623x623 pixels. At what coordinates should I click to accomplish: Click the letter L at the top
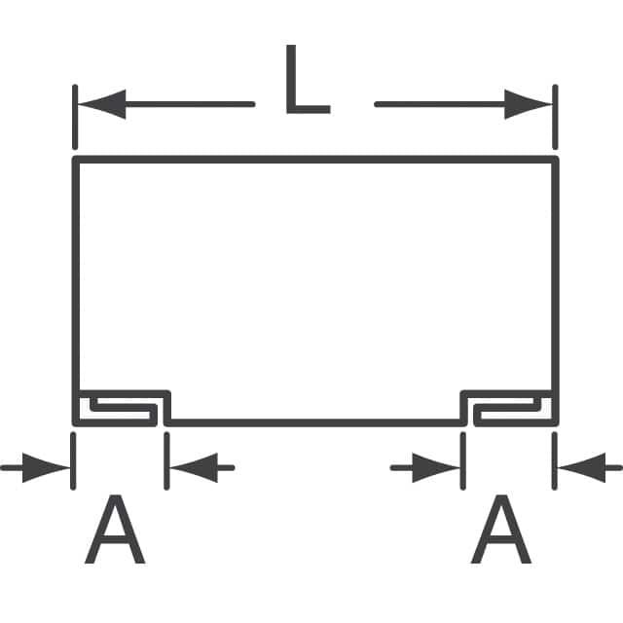(306, 80)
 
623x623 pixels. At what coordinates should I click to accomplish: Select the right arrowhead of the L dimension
(530, 103)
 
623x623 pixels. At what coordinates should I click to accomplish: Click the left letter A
(116, 531)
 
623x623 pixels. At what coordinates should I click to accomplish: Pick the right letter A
(501, 531)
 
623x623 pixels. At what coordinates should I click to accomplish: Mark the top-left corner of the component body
(75, 158)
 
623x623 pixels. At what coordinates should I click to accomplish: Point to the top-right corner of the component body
(556, 158)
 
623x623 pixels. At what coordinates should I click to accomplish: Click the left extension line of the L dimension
(74, 117)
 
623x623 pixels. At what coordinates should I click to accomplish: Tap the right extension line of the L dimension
(556, 117)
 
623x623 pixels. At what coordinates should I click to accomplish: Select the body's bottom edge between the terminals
(314, 423)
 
